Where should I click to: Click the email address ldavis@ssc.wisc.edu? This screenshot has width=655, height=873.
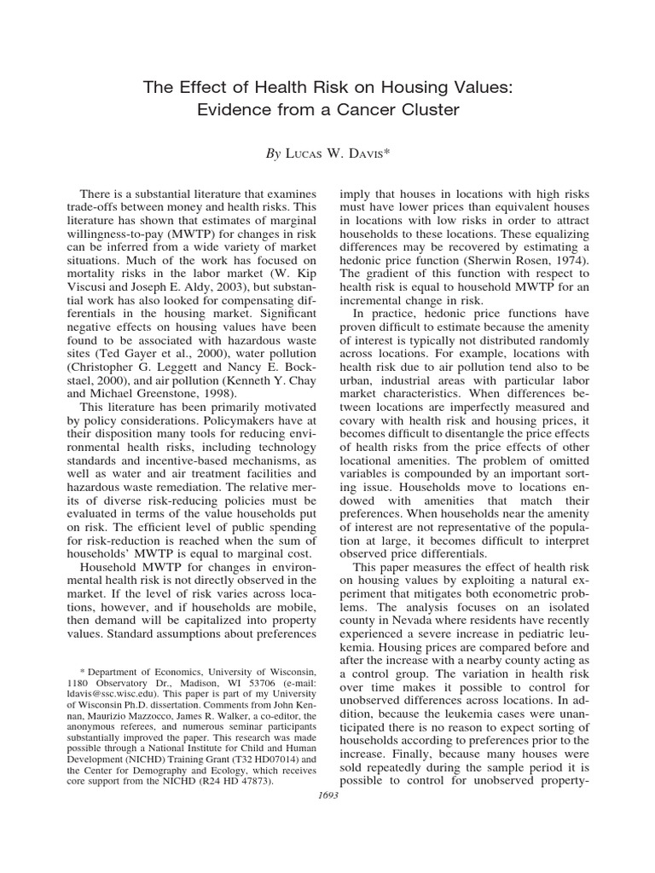[x=109, y=703]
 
